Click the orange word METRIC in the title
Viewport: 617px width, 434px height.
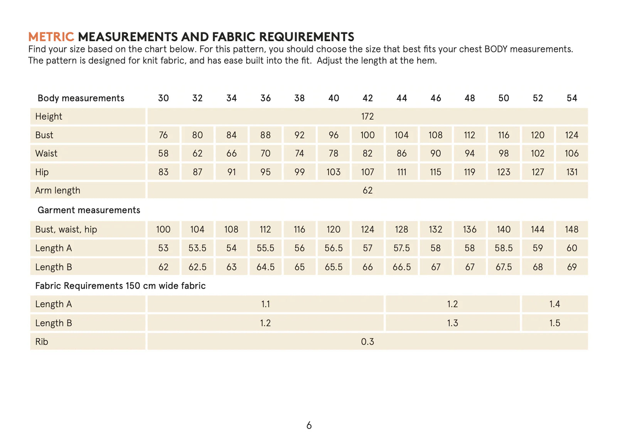(51, 37)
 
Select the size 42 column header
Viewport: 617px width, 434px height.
(368, 98)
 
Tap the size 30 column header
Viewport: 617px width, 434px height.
(163, 98)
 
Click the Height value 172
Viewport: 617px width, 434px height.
(368, 116)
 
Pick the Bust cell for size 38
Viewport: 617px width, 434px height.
(299, 135)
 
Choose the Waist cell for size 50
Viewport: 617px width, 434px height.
(504, 153)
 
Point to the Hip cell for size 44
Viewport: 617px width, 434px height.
(401, 172)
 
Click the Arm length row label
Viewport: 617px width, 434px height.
(57, 190)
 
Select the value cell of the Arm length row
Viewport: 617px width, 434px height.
(368, 190)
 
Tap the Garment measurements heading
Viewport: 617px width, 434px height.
(89, 210)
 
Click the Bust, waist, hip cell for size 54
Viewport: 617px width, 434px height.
(571, 229)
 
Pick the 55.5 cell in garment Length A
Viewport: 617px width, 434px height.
(265, 248)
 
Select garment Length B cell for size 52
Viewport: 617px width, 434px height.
(538, 267)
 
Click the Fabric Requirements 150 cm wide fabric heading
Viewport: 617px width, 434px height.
(120, 286)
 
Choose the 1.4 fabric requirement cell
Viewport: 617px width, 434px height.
(555, 304)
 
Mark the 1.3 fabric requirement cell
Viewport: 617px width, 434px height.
(452, 323)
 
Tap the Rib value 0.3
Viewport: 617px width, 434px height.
(368, 341)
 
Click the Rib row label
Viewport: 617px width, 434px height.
(42, 341)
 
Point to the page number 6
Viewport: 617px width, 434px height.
(309, 425)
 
